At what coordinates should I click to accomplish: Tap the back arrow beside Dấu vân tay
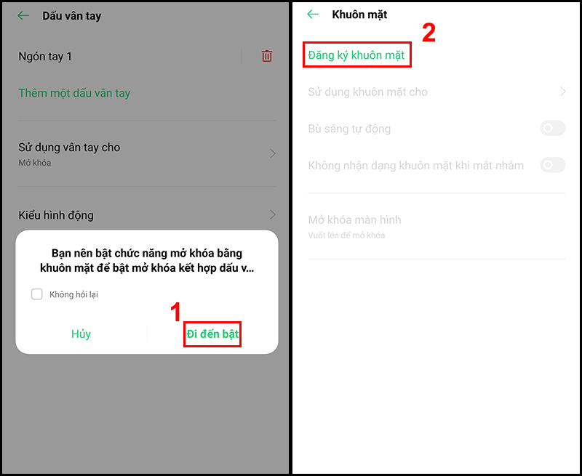(x=23, y=15)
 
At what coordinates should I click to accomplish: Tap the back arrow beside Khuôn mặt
(x=313, y=15)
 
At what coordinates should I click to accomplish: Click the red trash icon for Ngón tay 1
(x=266, y=56)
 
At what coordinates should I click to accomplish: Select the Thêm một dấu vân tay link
(x=74, y=93)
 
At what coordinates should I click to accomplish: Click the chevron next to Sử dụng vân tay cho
(x=273, y=153)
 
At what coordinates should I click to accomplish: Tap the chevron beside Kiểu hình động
(x=273, y=214)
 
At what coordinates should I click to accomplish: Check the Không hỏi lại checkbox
(x=37, y=294)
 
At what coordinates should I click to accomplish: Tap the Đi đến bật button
(x=212, y=334)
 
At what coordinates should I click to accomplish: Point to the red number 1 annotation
(x=175, y=312)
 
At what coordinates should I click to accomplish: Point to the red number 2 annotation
(x=428, y=33)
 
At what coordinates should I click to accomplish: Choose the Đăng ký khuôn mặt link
(x=356, y=55)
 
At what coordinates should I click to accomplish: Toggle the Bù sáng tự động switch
(x=553, y=129)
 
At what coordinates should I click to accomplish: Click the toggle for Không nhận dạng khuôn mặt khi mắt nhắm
(x=553, y=165)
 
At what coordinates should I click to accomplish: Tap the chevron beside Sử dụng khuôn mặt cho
(x=562, y=92)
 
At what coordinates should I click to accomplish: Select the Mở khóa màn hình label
(x=354, y=220)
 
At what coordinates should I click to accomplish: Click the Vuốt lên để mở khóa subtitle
(x=346, y=235)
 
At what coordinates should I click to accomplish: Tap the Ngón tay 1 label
(x=45, y=57)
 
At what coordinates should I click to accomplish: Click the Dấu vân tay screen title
(x=71, y=16)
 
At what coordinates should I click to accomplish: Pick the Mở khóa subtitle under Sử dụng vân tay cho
(x=34, y=163)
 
